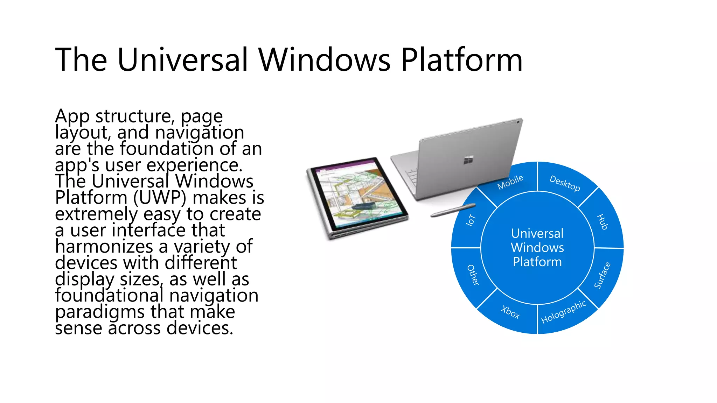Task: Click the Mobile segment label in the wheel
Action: [x=510, y=182]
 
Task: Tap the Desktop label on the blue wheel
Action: [x=564, y=183]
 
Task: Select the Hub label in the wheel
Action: [x=602, y=222]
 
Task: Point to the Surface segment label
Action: [x=602, y=275]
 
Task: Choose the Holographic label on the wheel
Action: [x=563, y=312]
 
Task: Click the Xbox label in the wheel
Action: [x=510, y=312]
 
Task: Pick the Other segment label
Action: [x=473, y=275]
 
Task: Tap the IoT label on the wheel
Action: [x=471, y=220]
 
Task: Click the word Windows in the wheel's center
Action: [x=537, y=248]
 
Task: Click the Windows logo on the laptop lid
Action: [x=468, y=160]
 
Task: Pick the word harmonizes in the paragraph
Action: [x=104, y=247]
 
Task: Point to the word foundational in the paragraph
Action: [x=109, y=296]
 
